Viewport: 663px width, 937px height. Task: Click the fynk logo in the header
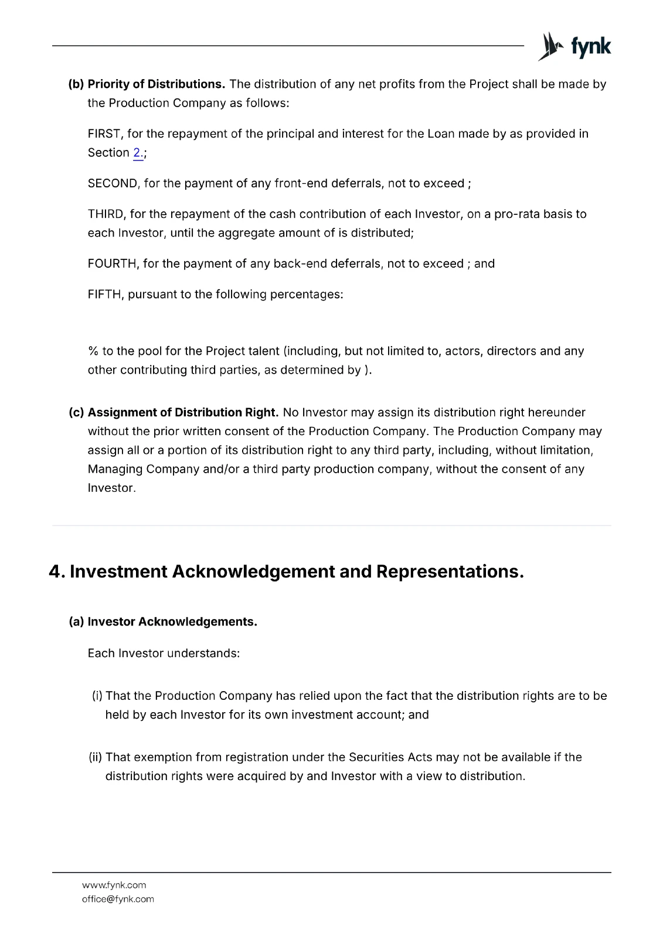click(574, 46)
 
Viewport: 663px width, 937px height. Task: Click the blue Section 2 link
click(138, 153)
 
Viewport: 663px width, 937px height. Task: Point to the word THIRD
click(106, 214)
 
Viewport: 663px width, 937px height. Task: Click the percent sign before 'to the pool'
click(93, 351)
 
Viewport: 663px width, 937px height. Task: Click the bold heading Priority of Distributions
click(156, 84)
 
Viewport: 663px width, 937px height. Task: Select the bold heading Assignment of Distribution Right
click(183, 413)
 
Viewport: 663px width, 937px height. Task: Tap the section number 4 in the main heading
click(56, 572)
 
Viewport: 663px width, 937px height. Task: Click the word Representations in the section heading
click(450, 572)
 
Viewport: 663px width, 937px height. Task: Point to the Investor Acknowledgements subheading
click(172, 622)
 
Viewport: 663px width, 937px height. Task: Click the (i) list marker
click(97, 696)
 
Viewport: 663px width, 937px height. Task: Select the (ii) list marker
click(96, 758)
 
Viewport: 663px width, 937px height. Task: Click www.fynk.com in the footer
click(114, 885)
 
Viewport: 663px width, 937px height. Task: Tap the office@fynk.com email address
click(118, 900)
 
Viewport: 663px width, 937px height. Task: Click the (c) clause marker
click(76, 413)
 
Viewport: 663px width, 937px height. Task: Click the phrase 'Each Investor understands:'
click(164, 654)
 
